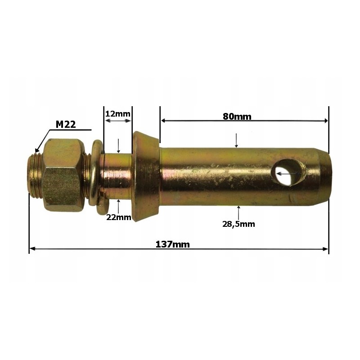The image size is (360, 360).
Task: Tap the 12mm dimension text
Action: click(117, 113)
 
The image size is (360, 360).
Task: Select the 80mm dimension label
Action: click(237, 117)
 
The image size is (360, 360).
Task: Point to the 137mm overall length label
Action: click(172, 244)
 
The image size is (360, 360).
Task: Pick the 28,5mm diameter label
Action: click(238, 224)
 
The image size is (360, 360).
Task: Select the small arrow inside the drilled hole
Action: click(288, 172)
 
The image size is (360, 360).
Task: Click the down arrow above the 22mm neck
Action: click(118, 145)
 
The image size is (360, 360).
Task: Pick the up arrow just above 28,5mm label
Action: click(238, 211)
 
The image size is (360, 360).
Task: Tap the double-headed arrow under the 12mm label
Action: click(117, 121)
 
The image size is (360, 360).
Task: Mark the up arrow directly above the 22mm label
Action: click(118, 206)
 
